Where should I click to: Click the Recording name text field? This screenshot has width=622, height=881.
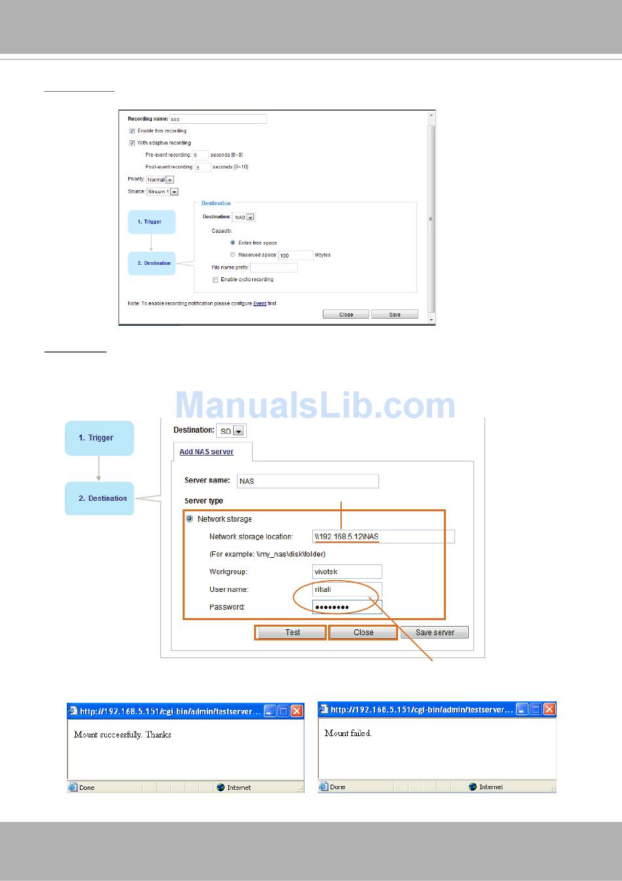(x=217, y=119)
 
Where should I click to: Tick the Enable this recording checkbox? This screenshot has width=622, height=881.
(x=132, y=131)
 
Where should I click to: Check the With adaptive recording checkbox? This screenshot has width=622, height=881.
(x=132, y=143)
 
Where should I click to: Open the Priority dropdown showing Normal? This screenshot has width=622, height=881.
(x=160, y=180)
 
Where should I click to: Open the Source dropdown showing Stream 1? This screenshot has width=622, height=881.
(x=162, y=192)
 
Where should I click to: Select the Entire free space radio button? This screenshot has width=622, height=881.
(x=232, y=243)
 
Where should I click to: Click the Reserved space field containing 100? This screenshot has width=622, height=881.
(x=295, y=255)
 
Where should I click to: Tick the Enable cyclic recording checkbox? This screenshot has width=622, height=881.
(x=215, y=280)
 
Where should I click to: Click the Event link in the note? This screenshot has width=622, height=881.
(x=260, y=303)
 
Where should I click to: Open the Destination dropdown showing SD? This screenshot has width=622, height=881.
(x=231, y=431)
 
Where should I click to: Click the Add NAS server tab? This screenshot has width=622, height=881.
(x=206, y=452)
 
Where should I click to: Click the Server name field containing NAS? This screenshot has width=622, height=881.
(x=307, y=481)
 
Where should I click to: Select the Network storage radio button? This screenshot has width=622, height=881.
(x=190, y=519)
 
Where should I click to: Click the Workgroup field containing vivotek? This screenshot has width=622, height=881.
(x=347, y=572)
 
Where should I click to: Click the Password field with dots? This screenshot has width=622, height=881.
(x=347, y=607)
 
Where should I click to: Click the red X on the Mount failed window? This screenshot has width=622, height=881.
(x=549, y=709)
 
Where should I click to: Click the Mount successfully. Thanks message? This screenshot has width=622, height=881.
(x=122, y=735)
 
